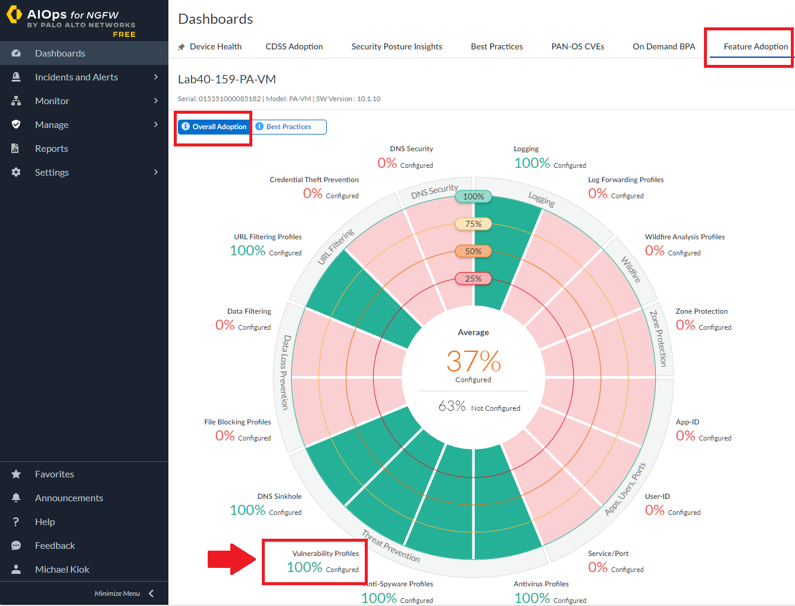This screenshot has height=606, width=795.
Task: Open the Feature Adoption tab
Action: (x=755, y=46)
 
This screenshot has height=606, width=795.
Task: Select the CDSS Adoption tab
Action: (x=294, y=46)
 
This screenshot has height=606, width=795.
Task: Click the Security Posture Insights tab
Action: (x=396, y=46)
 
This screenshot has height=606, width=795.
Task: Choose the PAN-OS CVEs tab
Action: (x=577, y=46)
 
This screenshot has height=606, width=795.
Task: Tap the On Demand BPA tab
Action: (x=663, y=46)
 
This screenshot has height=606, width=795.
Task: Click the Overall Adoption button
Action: (x=214, y=127)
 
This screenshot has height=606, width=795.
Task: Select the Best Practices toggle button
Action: (x=289, y=127)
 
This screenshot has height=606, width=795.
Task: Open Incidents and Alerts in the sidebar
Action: (x=76, y=77)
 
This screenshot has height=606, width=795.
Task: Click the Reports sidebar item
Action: (x=52, y=148)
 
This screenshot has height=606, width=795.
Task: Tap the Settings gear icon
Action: (x=16, y=172)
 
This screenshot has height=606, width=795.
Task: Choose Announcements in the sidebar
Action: (x=69, y=498)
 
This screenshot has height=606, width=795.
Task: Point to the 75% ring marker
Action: (x=473, y=224)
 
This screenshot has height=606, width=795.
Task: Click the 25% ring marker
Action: (x=473, y=279)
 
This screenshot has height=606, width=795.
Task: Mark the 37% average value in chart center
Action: (x=473, y=361)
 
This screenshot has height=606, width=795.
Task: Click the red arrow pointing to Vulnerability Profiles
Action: (x=231, y=560)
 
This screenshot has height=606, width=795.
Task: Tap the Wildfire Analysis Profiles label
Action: (x=685, y=237)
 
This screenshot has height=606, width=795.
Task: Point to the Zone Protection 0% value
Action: (x=686, y=325)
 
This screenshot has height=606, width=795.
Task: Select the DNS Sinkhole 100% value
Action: (x=248, y=510)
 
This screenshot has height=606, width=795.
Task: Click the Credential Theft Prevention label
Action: (x=314, y=180)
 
